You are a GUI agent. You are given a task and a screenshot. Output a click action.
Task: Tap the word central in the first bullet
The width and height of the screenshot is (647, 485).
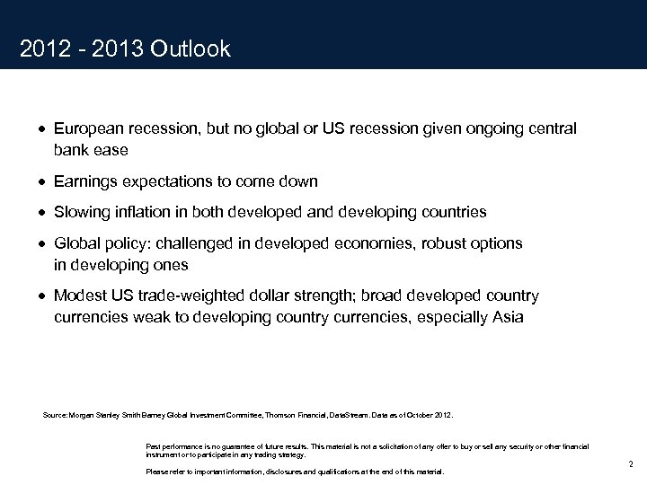pyautogui.click(x=551, y=129)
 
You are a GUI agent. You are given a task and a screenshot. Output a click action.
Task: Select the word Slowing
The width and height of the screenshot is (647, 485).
pyautogui.click(x=82, y=212)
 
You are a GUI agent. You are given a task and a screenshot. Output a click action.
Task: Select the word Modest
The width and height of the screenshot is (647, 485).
pyautogui.click(x=79, y=295)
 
